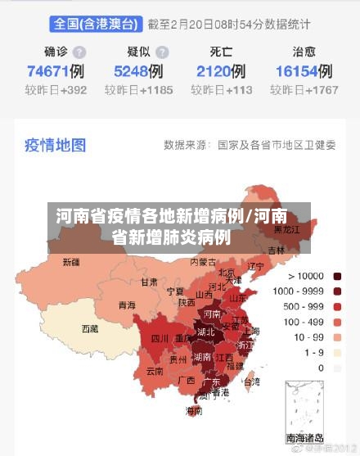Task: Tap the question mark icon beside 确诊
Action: tap(79, 52)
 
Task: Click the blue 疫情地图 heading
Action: tap(56, 145)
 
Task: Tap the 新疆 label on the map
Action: tap(71, 263)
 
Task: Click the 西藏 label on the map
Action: tap(89, 328)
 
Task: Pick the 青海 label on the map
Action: tap(127, 305)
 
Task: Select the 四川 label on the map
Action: tap(160, 338)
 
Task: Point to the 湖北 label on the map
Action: tap(206, 332)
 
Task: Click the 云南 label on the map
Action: tap(155, 371)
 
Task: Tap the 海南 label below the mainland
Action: tap(194, 410)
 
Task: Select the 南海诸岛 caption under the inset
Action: tap(304, 438)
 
